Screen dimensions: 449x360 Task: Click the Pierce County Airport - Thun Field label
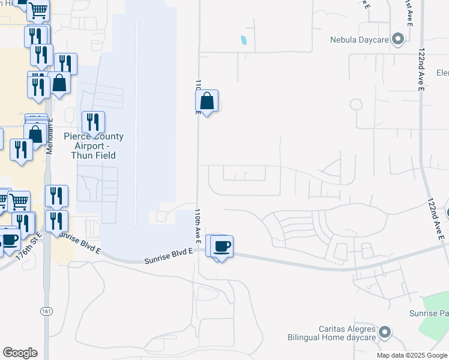click(94, 146)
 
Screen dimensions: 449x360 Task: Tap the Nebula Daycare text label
click(360, 40)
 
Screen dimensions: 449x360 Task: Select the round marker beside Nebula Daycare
click(397, 40)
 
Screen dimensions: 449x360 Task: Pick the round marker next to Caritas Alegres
click(385, 331)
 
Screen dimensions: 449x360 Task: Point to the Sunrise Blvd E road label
click(169, 256)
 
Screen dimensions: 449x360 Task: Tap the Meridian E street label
click(50, 136)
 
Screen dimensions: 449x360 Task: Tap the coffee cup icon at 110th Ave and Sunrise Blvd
click(221, 245)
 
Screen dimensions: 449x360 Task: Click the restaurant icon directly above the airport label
click(93, 122)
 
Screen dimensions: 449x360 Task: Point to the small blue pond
click(243, 41)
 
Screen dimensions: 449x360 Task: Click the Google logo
click(20, 353)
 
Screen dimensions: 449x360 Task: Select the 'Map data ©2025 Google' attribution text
click(411, 355)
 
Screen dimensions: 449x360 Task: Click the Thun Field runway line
click(137, 120)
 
